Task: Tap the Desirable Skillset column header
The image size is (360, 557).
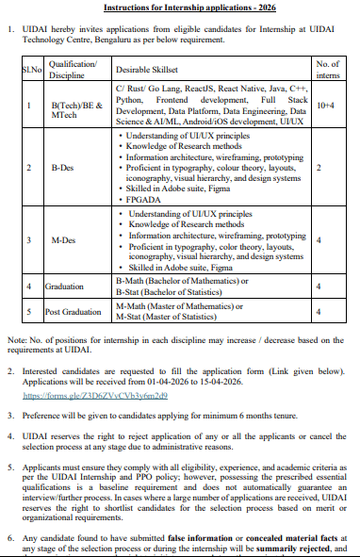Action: (150, 71)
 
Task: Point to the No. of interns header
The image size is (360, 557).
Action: (329, 70)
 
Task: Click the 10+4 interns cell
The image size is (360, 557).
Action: (328, 106)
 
